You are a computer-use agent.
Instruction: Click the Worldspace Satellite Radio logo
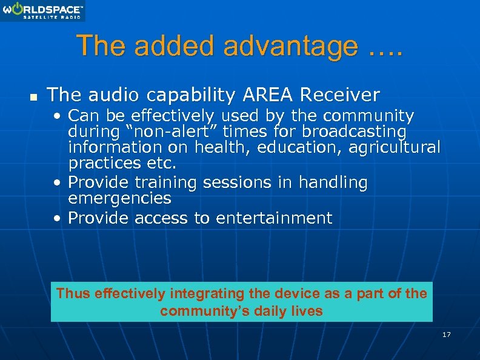[42, 11]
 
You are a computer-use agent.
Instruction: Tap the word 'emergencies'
[120, 198]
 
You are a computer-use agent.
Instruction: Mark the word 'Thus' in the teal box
[73, 294]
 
